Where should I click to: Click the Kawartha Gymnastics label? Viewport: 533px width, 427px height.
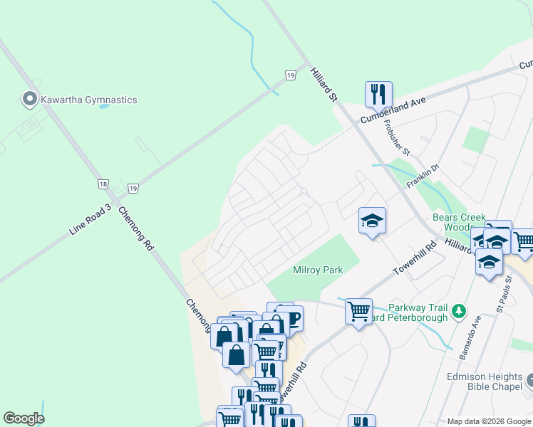pos(89,100)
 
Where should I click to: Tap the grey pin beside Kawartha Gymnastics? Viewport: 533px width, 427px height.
pos(30,99)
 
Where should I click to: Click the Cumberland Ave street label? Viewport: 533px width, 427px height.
pos(393,111)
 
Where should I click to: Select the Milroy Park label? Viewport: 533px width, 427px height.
pos(318,270)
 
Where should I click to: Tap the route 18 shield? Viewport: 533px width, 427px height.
pos(104,184)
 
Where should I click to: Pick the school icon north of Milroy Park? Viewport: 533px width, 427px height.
pos(372,221)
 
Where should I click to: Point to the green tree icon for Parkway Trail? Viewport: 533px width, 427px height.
pos(460,311)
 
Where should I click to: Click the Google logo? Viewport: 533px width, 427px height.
pos(24,418)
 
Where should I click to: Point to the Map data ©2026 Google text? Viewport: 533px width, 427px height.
pos(488,421)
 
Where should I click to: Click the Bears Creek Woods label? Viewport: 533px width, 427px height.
pos(459,222)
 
